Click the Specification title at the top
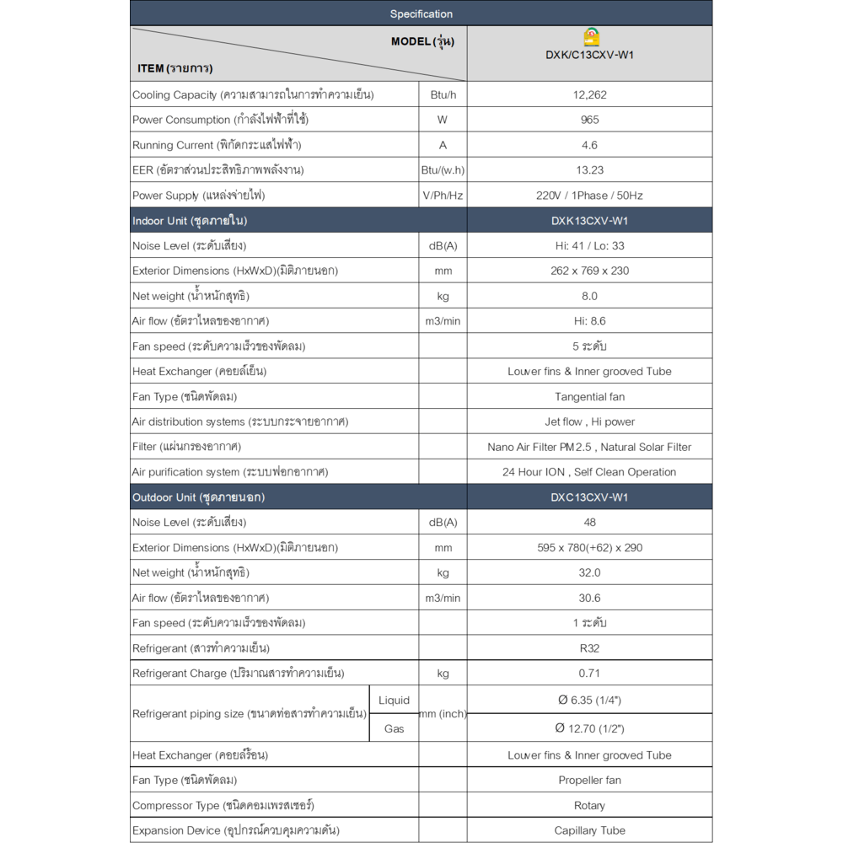421,13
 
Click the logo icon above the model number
591,38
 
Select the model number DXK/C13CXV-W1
589,56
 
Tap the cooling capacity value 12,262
589,94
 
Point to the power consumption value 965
589,120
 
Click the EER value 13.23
589,170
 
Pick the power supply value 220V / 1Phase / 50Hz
589,196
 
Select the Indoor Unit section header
190,221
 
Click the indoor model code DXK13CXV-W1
589,221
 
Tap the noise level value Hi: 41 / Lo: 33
589,246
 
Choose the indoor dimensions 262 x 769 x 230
589,271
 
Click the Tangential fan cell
589,396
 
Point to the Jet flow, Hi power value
589,421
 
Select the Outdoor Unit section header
198,497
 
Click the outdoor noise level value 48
589,523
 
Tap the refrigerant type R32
589,648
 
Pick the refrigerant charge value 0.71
589,674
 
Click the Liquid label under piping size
394,701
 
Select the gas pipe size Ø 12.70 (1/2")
589,728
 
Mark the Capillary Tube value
589,830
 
